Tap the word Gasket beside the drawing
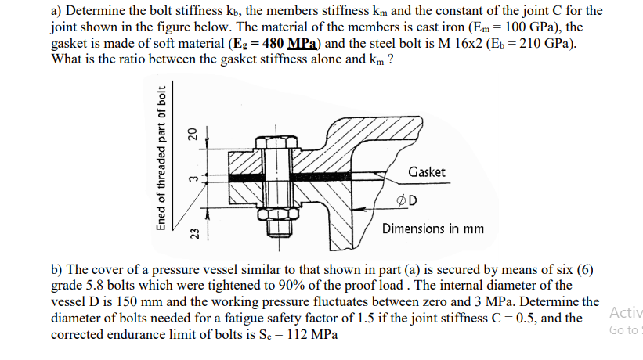(x=427, y=171)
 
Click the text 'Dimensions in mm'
(x=433, y=229)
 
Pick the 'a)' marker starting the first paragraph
(x=56, y=11)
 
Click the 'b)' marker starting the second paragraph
(x=56, y=271)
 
